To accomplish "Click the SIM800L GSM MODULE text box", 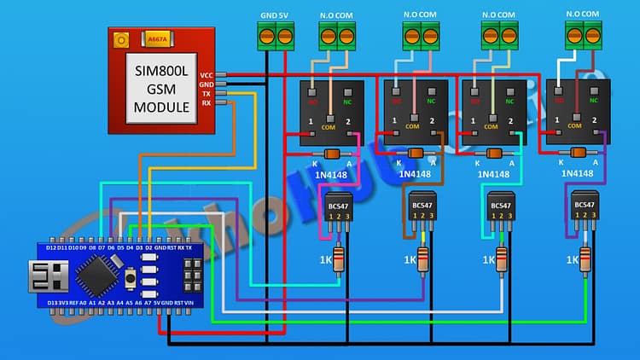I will pyautogui.click(x=161, y=88).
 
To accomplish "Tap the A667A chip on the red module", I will pyautogui.click(x=157, y=39).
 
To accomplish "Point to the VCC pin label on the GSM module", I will pyautogui.click(x=206, y=75).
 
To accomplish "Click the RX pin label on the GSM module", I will pyautogui.click(x=206, y=103).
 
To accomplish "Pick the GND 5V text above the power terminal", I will pyautogui.click(x=274, y=15).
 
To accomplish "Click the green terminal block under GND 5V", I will pyautogui.click(x=274, y=36).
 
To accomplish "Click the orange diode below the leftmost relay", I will pyautogui.click(x=332, y=154).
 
